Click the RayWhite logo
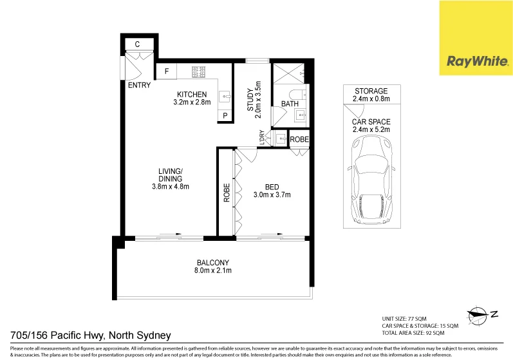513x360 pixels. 476,62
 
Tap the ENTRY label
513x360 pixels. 139,84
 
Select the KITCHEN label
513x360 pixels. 192,94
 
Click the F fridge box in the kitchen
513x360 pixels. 167,71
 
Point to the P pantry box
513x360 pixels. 225,116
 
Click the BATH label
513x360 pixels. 290,103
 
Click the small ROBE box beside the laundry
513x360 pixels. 299,139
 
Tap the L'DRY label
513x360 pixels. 262,137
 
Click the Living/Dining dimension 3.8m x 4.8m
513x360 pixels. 170,187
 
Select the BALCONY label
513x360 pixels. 212,262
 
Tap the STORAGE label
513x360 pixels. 370,91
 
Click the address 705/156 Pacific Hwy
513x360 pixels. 90,335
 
